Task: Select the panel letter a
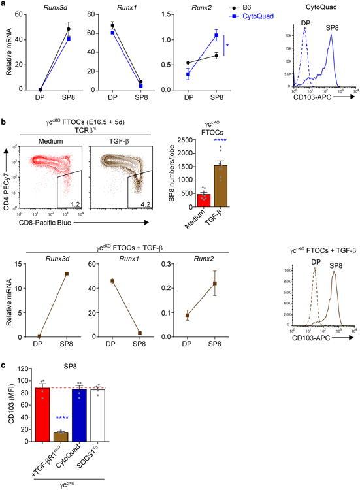coord(4,5)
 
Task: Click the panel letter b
coord(4,105)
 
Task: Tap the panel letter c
coord(4,365)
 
